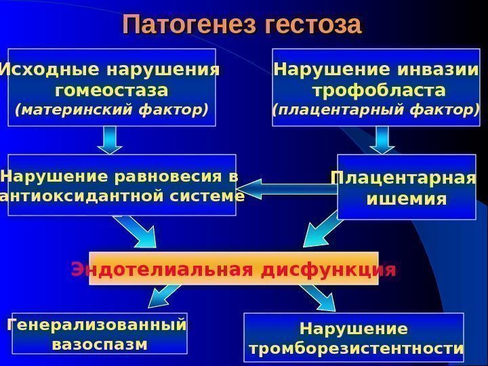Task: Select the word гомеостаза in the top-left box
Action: (112, 90)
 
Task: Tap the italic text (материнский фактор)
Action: (112, 108)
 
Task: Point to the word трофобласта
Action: (379, 90)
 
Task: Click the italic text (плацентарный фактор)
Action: (375, 108)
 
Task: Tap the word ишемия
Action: (406, 199)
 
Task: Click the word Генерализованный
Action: (96, 325)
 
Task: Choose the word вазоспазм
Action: (99, 344)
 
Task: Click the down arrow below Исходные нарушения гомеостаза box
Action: (110, 140)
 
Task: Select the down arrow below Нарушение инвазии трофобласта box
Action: (382, 140)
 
